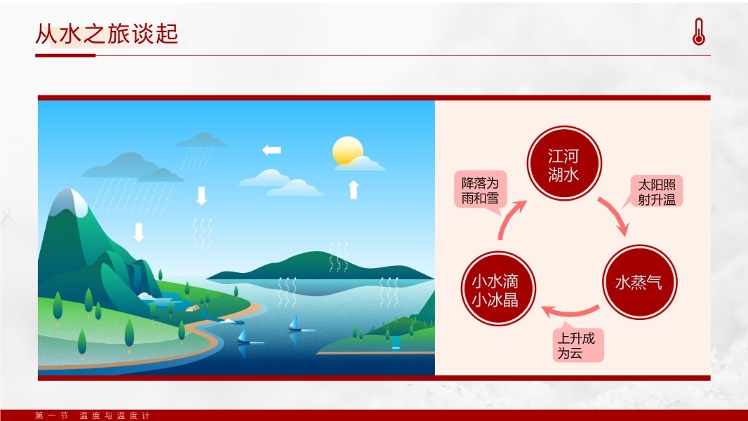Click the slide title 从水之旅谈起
tap(107, 34)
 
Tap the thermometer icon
tap(698, 32)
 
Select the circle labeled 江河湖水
tap(564, 163)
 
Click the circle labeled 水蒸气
tap(639, 282)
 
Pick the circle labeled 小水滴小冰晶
tap(498, 289)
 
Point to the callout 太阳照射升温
tap(656, 191)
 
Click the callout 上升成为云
tap(578, 345)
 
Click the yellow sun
tap(347, 151)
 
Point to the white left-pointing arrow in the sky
tap(272, 149)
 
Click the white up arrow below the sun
tap(353, 189)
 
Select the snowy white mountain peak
tap(72, 201)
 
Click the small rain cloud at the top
tap(202, 140)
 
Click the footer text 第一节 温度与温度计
tap(93, 415)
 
